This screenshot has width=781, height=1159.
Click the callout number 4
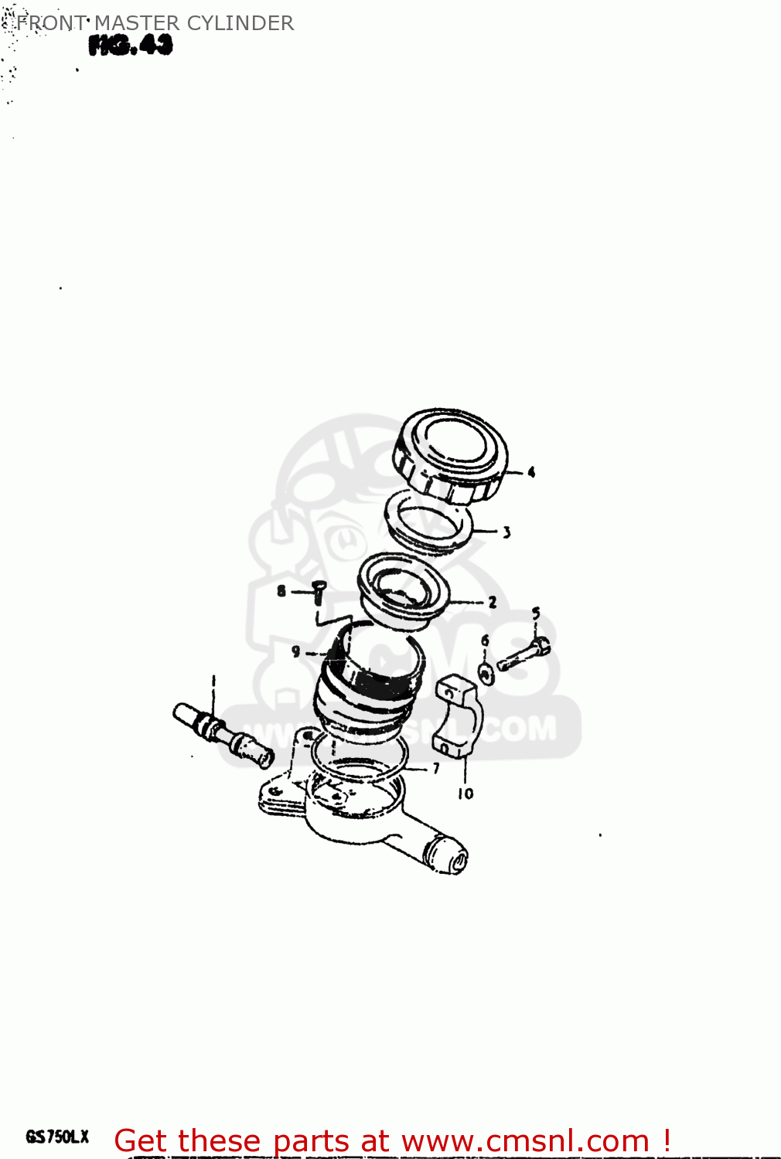(531, 472)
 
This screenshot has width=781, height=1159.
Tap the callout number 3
(506, 532)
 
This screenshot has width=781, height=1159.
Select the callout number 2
(493, 602)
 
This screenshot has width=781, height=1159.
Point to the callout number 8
(281, 591)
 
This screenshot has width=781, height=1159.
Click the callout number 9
(295, 652)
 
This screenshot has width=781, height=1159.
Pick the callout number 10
(466, 794)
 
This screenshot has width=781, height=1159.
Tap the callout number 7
(436, 768)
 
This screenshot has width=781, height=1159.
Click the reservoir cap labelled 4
(450, 456)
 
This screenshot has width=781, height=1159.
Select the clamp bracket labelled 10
(458, 715)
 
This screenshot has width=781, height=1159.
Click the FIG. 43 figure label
(130, 46)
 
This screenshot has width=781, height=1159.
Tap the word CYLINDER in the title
(240, 23)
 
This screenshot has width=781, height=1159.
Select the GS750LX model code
(58, 1137)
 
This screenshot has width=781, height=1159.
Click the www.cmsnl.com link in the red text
(525, 1141)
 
